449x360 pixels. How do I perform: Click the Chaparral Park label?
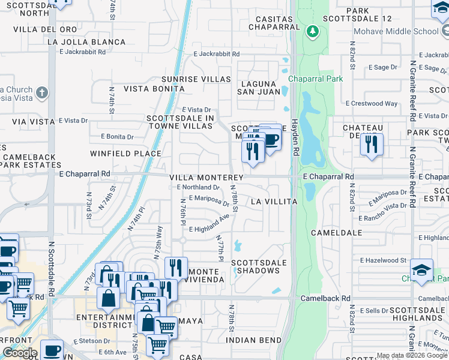click(x=315, y=79)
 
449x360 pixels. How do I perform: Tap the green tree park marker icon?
click(x=312, y=31)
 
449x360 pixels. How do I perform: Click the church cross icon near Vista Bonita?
click(x=41, y=93)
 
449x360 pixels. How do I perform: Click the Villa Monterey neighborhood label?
click(x=206, y=178)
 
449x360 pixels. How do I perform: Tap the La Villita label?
click(x=274, y=202)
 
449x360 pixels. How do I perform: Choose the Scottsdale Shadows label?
click(x=256, y=266)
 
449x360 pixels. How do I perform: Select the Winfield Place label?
click(x=125, y=154)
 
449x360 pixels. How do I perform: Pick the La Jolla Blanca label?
click(x=86, y=42)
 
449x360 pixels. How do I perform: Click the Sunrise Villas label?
click(x=196, y=79)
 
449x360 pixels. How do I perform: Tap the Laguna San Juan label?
click(x=259, y=88)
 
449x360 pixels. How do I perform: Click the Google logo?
click(x=20, y=352)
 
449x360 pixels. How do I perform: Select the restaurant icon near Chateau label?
click(x=372, y=144)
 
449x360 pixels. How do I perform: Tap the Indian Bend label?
click(x=254, y=340)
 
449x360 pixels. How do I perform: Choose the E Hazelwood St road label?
click(x=383, y=260)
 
